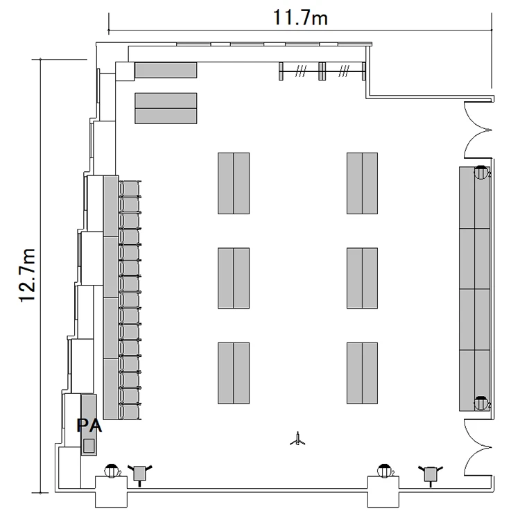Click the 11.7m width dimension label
click(300, 18)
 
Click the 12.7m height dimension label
click(27, 275)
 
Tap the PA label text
click(89, 426)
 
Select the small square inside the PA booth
click(89, 446)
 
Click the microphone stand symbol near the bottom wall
click(298, 439)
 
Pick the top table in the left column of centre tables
click(234, 184)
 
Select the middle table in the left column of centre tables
click(234, 278)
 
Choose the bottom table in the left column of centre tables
click(234, 373)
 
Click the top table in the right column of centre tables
click(362, 184)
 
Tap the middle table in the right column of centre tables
click(362, 278)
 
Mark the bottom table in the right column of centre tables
click(362, 373)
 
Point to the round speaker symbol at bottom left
click(112, 471)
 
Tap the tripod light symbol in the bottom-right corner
click(431, 474)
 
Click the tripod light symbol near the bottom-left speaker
click(139, 474)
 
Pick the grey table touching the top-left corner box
click(166, 70)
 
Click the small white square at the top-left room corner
click(125, 71)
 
